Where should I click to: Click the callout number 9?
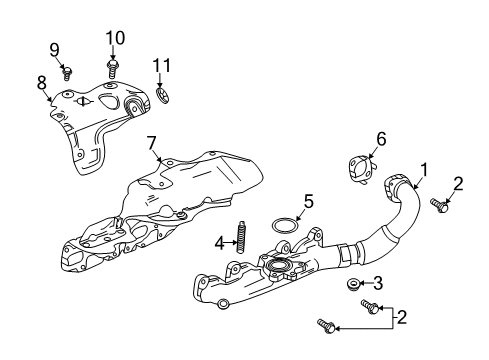[x=55, y=49]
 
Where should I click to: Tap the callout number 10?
[x=115, y=38]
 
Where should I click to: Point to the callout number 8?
[x=42, y=83]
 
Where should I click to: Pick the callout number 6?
[x=380, y=139]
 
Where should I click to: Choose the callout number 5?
[x=308, y=200]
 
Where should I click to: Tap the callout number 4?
[x=218, y=241]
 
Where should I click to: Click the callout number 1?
[x=425, y=171]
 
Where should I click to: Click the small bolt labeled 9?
[x=67, y=71]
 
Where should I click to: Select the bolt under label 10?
[x=113, y=65]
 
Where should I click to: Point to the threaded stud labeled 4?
[x=241, y=240]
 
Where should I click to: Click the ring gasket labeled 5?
[x=287, y=222]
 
